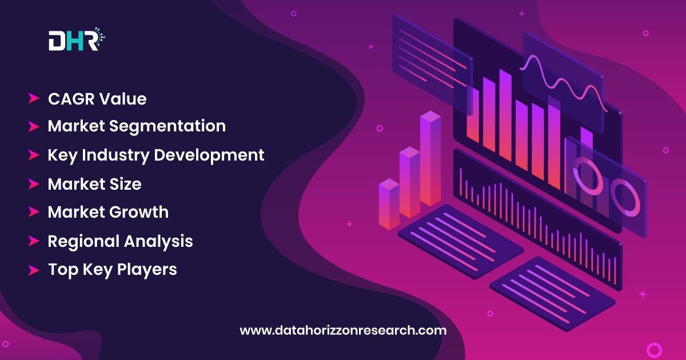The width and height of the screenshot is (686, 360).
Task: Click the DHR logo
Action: pos(77,39)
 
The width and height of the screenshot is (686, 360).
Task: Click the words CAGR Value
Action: pos(97,99)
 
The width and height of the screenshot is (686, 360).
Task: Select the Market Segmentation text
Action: pos(137,126)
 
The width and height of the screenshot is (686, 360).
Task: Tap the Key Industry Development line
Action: pos(156,155)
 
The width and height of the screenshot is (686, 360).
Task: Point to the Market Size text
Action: pos(95,184)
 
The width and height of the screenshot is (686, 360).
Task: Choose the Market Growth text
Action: pos(108,212)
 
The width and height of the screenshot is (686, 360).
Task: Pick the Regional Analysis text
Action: pos(121,241)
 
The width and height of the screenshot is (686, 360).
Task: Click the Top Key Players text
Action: pos(113,270)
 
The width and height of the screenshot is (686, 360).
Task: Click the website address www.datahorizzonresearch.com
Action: pos(343,330)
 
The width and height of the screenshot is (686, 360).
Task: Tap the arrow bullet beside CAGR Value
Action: pos(34,98)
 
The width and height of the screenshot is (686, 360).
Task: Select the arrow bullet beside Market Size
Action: pos(34,184)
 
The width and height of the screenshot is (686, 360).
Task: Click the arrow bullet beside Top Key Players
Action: pos(34,270)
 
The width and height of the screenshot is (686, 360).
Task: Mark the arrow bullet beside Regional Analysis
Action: pos(34,241)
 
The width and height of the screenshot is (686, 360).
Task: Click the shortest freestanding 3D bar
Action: pos(389,205)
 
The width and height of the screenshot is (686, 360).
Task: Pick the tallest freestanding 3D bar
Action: pos(430,158)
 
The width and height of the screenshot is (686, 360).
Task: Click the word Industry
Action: pos(115,155)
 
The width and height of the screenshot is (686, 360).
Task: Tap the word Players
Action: pos(147,270)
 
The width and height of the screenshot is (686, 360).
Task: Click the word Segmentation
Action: pos(167,126)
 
